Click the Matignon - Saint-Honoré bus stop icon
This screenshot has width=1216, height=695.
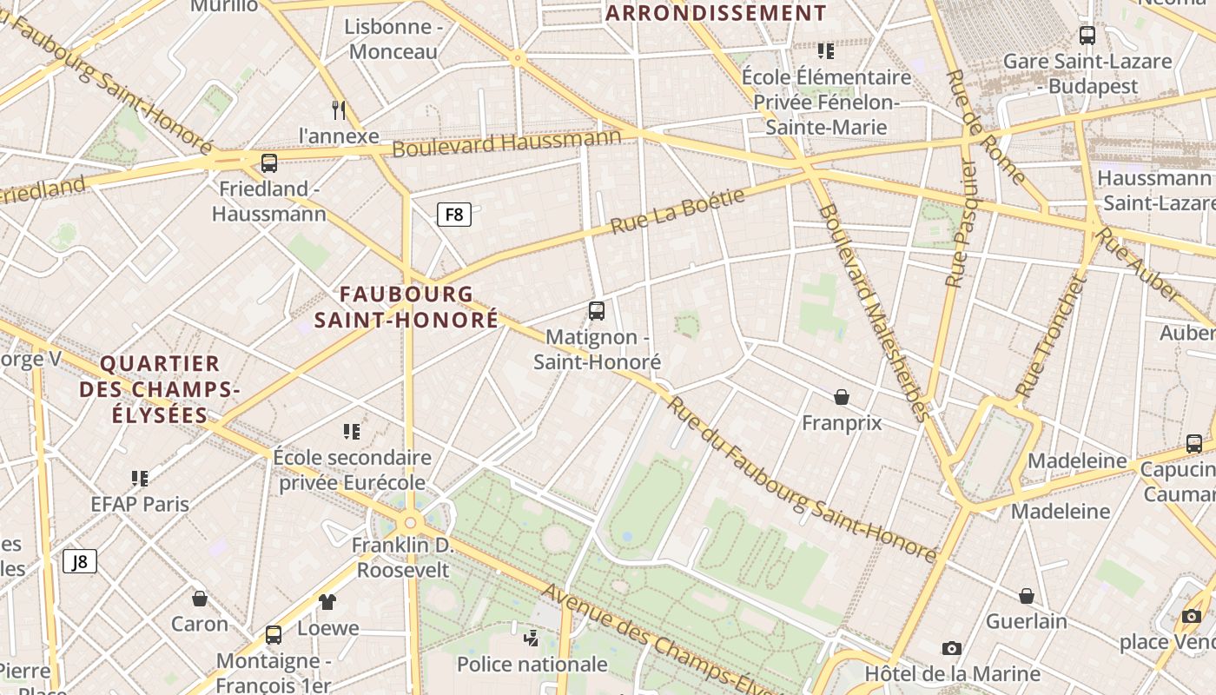click(596, 310)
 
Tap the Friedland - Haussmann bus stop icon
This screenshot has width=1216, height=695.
click(269, 163)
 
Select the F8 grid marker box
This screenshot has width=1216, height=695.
click(454, 214)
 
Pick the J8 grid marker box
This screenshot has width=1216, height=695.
click(80, 561)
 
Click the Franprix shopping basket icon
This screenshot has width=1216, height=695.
click(841, 398)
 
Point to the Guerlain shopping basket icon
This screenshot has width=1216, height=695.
click(1026, 596)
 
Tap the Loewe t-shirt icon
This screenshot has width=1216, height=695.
click(327, 601)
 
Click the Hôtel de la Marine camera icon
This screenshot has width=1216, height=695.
click(951, 648)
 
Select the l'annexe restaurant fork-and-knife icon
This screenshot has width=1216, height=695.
click(339, 109)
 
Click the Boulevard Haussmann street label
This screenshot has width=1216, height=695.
click(506, 142)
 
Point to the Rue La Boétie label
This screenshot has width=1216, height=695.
click(677, 210)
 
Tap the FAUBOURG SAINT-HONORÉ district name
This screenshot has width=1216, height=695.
click(406, 307)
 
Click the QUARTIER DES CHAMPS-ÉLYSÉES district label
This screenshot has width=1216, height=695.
click(160, 389)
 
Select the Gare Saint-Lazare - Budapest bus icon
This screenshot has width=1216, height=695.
click(1087, 36)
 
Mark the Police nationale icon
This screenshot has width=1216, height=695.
click(532, 639)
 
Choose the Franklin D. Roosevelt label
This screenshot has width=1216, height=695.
click(403, 558)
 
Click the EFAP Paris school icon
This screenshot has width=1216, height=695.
click(139, 478)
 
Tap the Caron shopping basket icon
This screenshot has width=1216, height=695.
click(200, 599)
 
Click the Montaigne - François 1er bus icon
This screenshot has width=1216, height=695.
click(274, 635)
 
